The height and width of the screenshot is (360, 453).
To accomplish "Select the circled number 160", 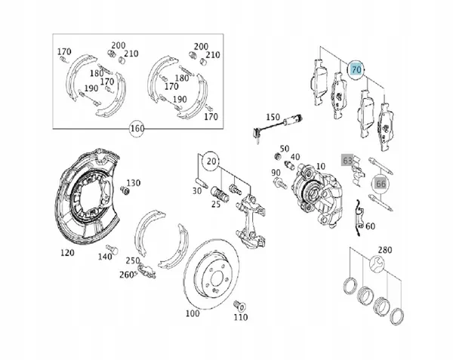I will click(x=137, y=128).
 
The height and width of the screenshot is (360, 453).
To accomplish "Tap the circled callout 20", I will click(x=211, y=161).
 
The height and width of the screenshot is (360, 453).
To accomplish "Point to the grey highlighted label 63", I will click(x=348, y=161).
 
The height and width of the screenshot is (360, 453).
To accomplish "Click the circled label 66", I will click(x=381, y=182).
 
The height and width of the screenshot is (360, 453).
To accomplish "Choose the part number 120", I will click(x=67, y=253).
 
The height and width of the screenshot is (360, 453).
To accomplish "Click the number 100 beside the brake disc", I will click(x=191, y=312).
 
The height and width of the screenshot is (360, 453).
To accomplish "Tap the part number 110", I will click(x=240, y=317).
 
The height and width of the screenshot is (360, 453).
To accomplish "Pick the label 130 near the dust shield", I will click(x=133, y=183).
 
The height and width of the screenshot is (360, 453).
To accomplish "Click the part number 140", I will click(x=105, y=257).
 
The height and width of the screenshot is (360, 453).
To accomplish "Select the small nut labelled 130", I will click(x=125, y=191).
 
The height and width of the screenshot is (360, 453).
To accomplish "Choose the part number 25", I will click(x=215, y=204).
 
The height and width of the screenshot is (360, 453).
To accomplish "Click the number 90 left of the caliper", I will click(x=276, y=173).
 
